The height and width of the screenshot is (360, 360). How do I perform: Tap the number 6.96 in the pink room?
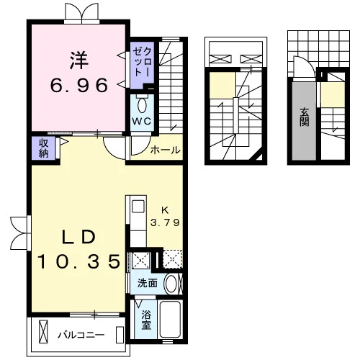[x=79, y=86]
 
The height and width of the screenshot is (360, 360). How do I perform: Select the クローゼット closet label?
[x=143, y=62]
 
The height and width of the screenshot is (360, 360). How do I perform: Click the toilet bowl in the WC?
[x=142, y=105]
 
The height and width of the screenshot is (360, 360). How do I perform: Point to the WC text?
[x=142, y=121]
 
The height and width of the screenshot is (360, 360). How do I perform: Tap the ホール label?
[x=165, y=150]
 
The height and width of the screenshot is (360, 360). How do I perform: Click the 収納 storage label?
[x=44, y=148]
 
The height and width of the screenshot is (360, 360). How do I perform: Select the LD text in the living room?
[x=79, y=238]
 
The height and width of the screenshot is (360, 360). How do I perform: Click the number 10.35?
[x=79, y=261]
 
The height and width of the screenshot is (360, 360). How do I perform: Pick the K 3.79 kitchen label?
[x=165, y=217]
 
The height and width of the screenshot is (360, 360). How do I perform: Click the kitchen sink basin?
[x=138, y=207]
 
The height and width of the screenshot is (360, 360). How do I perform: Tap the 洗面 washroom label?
[x=148, y=284]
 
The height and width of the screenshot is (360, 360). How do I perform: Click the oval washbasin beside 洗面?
[x=171, y=284]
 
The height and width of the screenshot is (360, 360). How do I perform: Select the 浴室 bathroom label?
[x=146, y=320]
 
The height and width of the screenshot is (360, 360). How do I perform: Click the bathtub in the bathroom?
[x=170, y=319]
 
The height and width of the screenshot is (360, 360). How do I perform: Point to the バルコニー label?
[x=81, y=335]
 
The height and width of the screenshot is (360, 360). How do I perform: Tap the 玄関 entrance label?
[x=304, y=117]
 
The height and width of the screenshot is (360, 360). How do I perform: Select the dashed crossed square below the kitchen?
[x=173, y=259]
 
